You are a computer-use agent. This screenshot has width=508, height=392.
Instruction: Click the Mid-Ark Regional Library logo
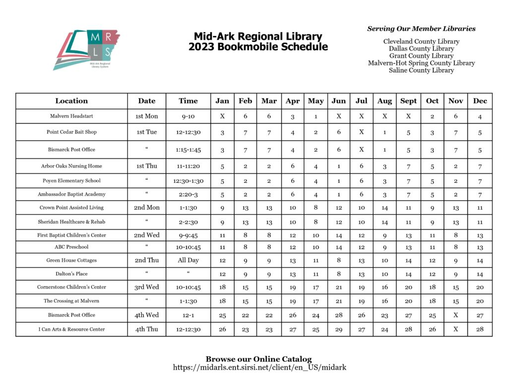point(87,50)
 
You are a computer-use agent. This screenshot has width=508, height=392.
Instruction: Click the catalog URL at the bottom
point(259,367)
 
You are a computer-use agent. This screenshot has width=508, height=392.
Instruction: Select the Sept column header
point(408,101)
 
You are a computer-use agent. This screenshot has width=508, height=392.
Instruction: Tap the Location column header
point(71,101)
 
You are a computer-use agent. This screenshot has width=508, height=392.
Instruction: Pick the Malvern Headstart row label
point(71,116)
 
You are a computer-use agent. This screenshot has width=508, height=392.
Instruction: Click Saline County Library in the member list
point(421,70)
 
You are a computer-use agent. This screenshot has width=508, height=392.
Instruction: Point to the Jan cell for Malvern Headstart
point(222,116)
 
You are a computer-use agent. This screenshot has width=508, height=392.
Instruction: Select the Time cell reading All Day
point(188,260)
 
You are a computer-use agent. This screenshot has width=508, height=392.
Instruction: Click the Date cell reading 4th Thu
point(147,329)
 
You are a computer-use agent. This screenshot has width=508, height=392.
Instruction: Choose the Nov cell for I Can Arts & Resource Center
point(455,329)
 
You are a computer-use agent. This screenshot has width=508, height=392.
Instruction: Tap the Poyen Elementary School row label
point(71,181)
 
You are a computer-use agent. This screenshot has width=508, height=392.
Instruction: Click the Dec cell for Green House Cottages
point(480,260)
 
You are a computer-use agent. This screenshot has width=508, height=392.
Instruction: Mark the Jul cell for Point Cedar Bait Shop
point(362,132)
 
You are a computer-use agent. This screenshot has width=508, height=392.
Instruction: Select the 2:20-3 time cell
point(188,194)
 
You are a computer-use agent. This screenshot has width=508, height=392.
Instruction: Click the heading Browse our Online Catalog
point(259,359)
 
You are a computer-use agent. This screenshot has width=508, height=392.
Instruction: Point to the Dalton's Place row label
point(71,274)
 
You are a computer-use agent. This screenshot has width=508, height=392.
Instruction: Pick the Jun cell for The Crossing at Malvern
point(338,301)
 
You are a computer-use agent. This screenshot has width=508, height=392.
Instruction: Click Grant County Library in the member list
point(421,56)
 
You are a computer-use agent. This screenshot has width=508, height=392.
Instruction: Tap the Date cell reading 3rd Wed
point(147,287)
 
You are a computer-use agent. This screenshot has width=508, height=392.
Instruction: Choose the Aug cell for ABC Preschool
point(384,247)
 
